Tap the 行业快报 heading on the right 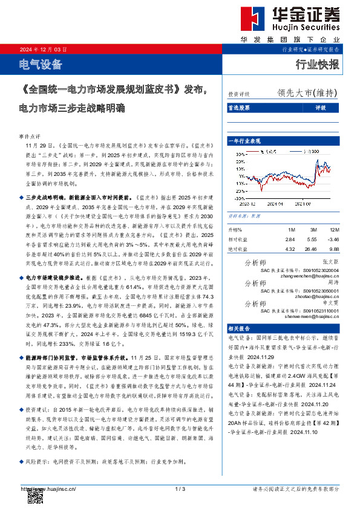coord(317,65)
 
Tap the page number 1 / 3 coord(180,488)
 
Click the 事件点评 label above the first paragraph coord(30,137)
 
